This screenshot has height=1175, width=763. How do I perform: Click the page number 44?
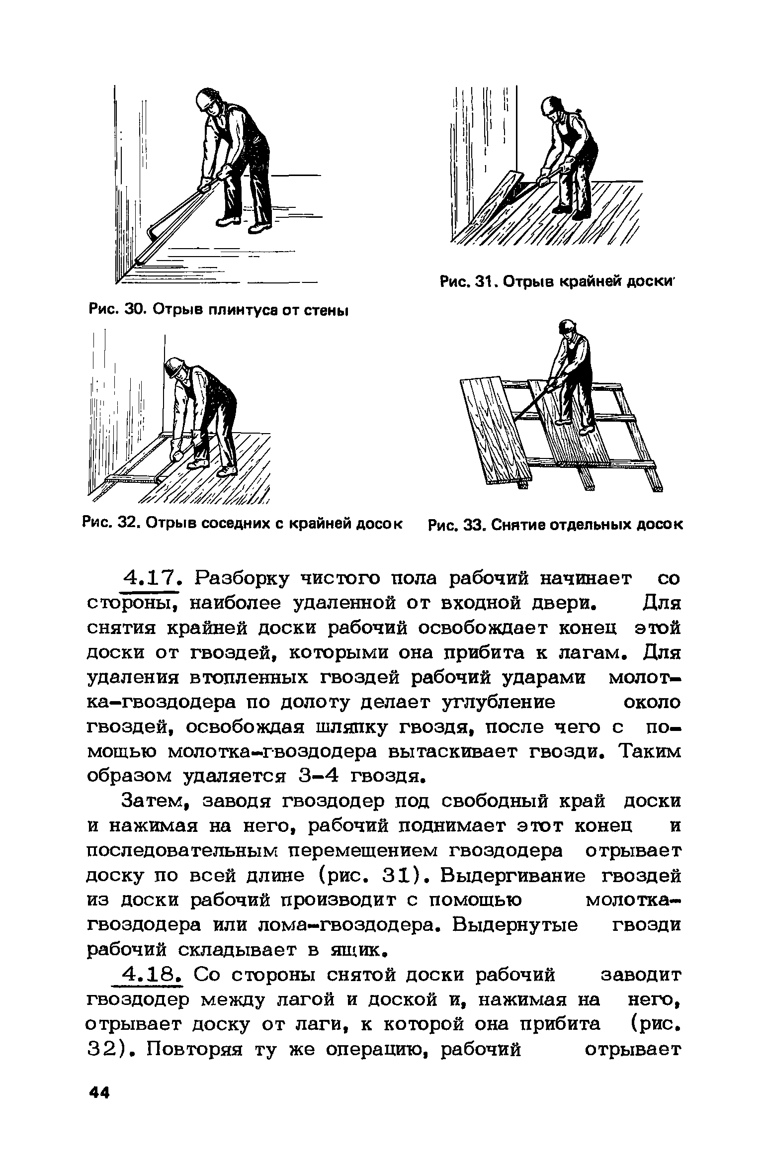[99, 1094]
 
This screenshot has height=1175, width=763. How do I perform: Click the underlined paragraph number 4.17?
[150, 579]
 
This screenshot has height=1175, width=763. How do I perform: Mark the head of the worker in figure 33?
[567, 328]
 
